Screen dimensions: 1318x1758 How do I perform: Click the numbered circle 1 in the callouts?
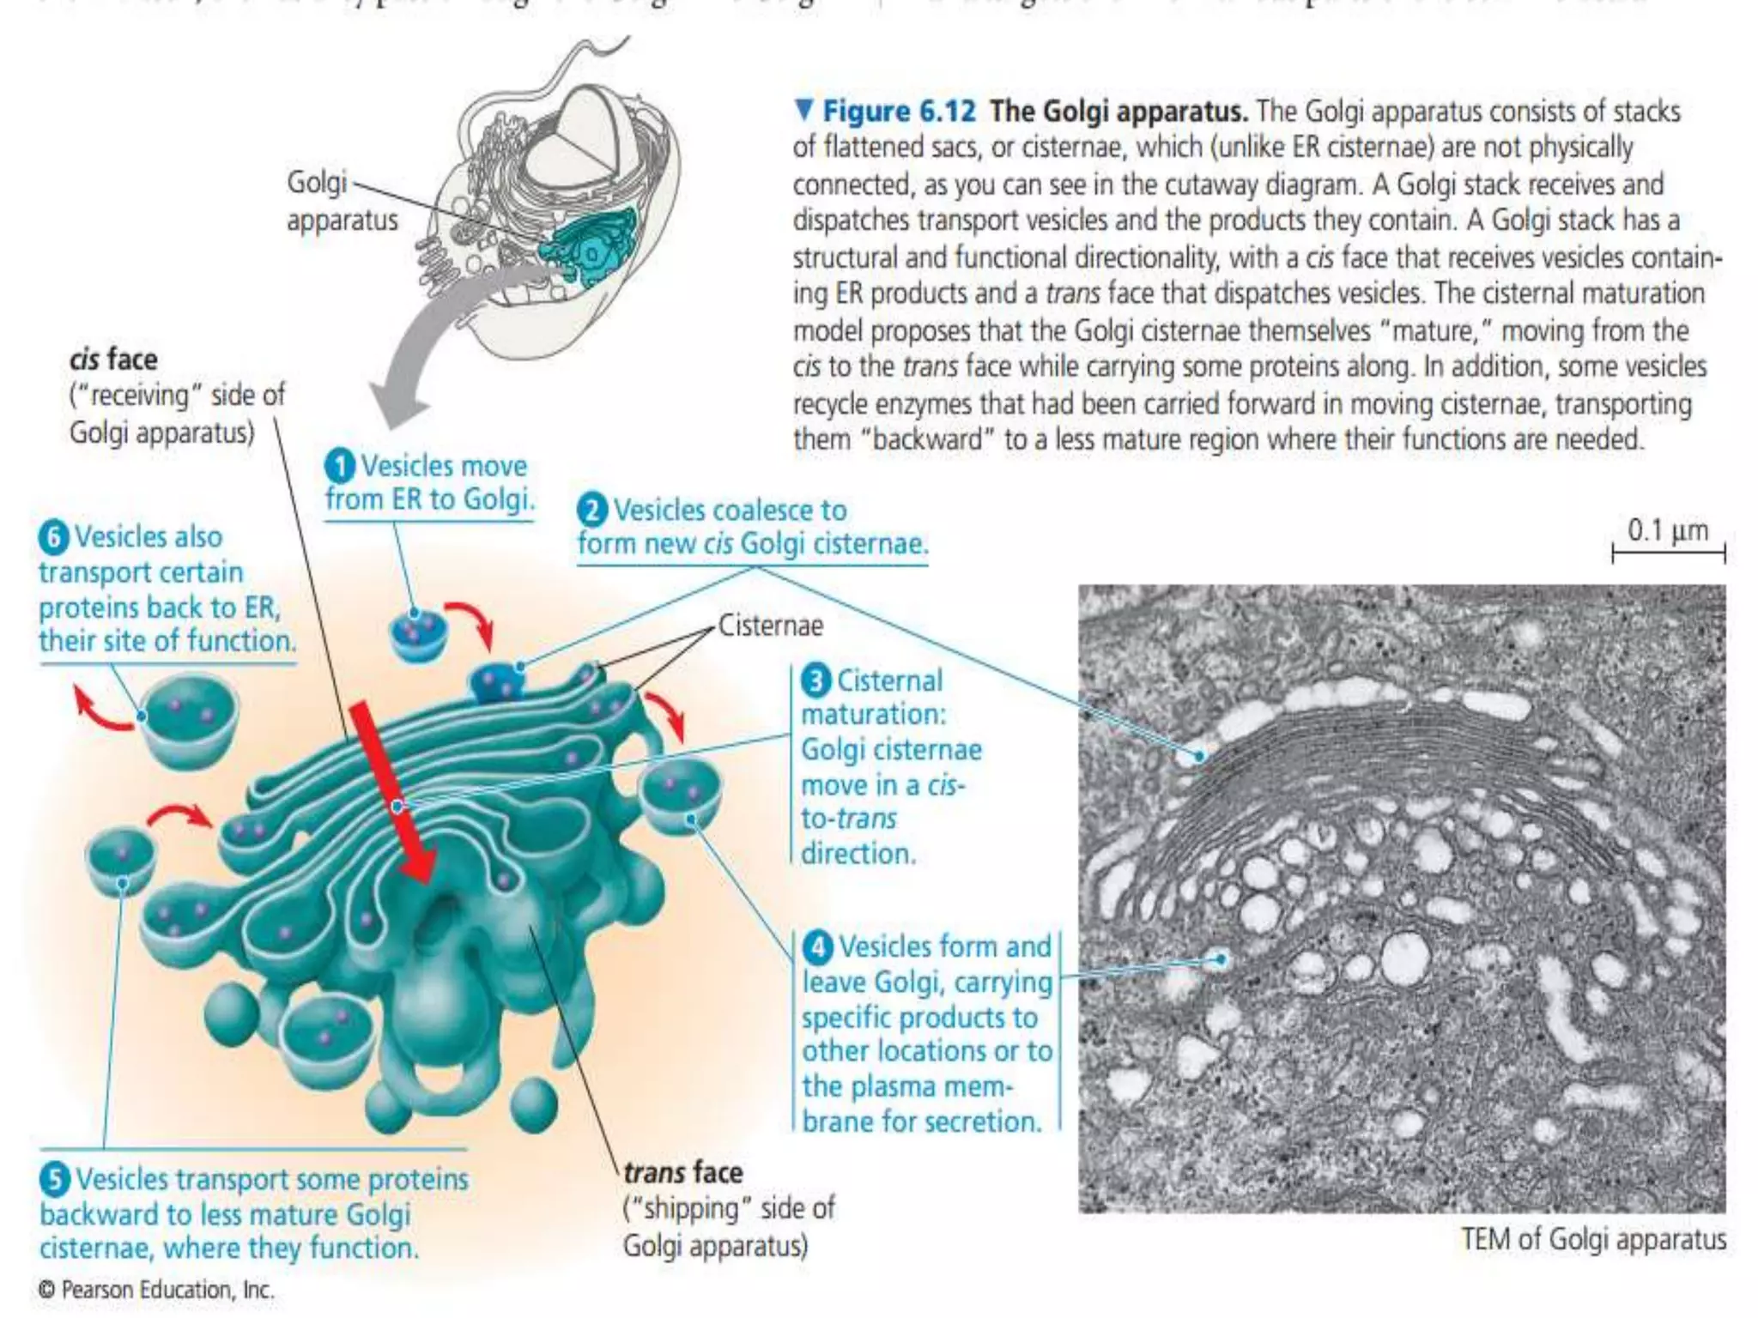(x=340, y=466)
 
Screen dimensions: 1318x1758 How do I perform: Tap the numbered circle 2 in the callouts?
(x=592, y=510)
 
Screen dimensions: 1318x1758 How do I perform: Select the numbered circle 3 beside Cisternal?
(x=815, y=680)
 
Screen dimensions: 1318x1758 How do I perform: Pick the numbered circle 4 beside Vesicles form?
(x=817, y=946)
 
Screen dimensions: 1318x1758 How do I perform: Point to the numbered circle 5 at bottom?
(x=54, y=1179)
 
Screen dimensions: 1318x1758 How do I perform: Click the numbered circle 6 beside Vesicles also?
(x=53, y=537)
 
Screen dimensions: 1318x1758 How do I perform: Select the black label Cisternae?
(x=770, y=626)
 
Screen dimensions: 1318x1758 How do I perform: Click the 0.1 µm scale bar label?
(x=1667, y=530)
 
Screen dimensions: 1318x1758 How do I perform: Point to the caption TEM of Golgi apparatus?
(x=1593, y=1239)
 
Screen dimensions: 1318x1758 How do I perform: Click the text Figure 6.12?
(x=899, y=112)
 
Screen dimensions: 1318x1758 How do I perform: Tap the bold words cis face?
(x=113, y=359)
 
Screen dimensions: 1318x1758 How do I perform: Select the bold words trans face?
(x=682, y=1172)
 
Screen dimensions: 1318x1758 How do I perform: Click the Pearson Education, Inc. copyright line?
(x=157, y=1290)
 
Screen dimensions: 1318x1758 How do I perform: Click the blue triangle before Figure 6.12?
(x=803, y=110)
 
